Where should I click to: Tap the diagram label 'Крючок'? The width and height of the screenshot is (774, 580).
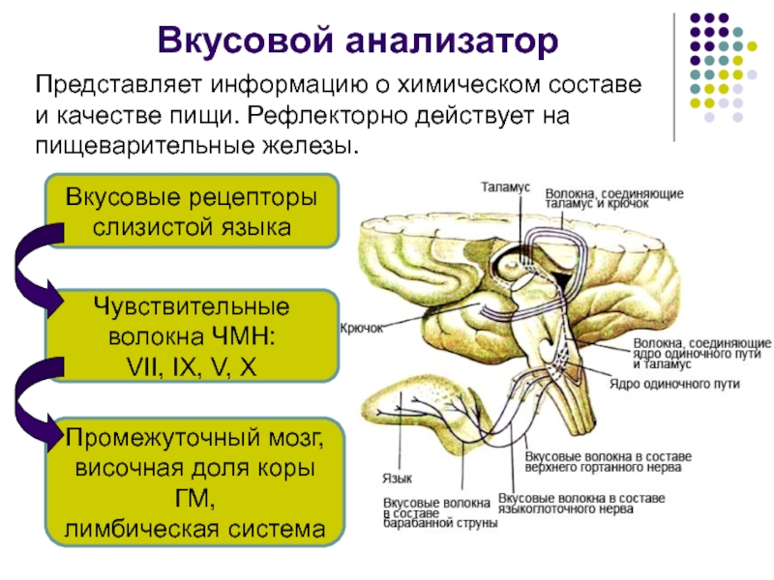click(x=362, y=328)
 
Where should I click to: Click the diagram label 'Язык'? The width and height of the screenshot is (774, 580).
click(x=393, y=478)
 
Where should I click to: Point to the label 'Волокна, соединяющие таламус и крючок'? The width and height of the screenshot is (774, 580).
click(x=614, y=199)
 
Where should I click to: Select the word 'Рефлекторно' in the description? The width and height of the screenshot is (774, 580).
click(x=327, y=116)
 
